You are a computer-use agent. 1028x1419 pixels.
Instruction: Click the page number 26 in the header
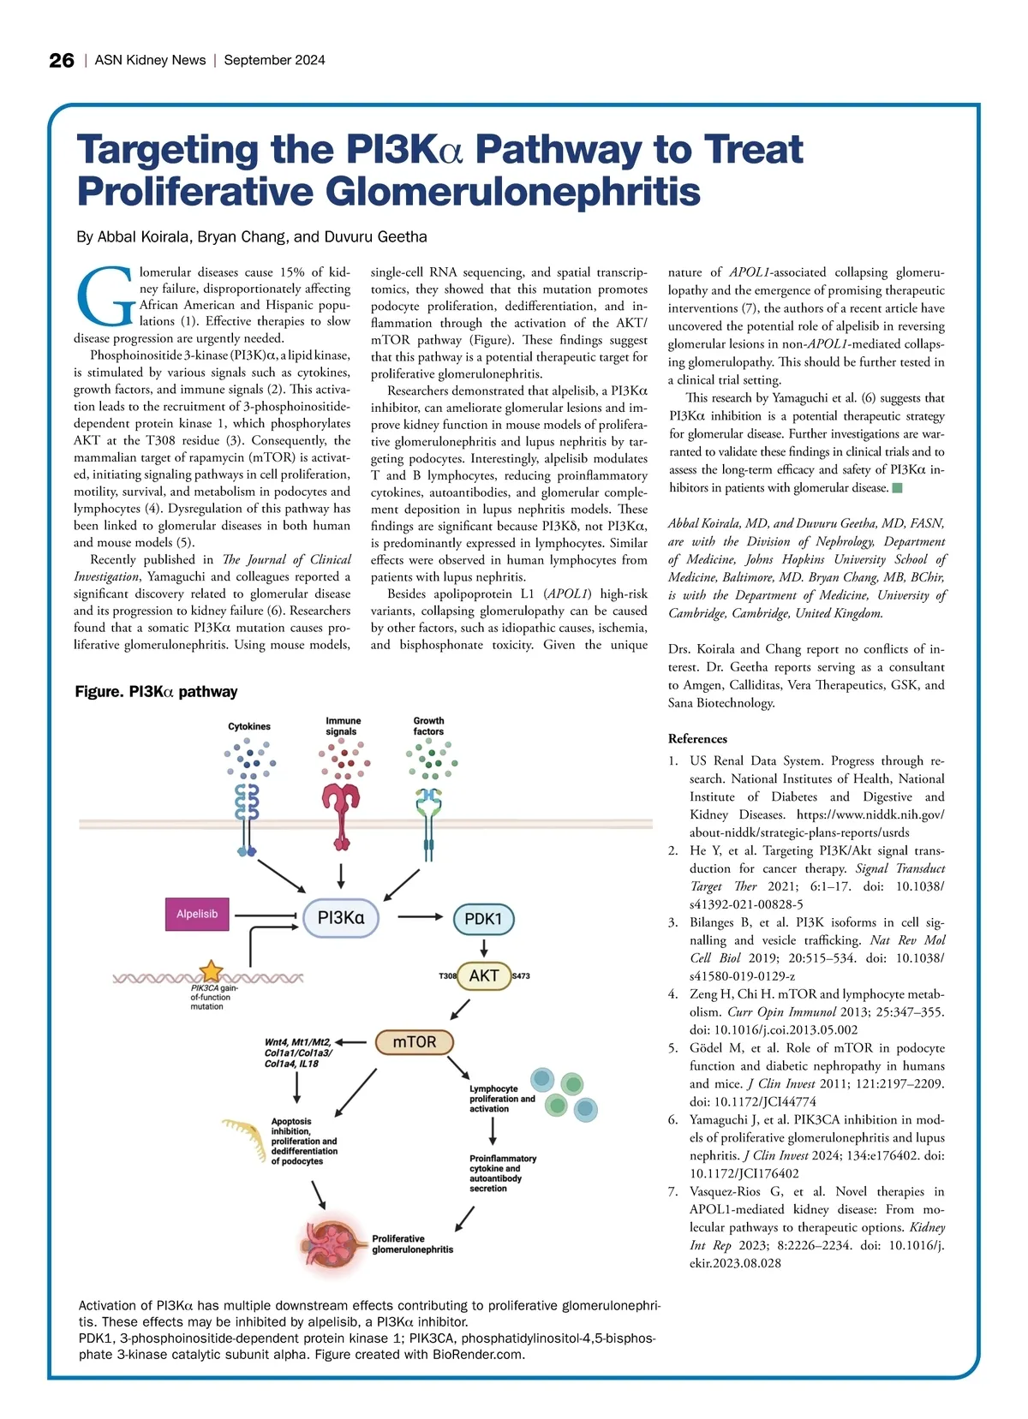coord(62,60)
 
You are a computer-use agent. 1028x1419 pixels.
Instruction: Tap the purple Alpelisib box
coord(197,914)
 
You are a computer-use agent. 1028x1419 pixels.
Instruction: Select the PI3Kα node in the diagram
coord(341,918)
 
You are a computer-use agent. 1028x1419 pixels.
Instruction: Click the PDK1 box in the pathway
coord(483,919)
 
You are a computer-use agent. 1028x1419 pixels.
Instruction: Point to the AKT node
coord(483,975)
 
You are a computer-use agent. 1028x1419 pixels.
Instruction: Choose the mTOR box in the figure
coord(415,1042)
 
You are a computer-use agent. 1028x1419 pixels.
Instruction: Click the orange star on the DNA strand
coord(211,971)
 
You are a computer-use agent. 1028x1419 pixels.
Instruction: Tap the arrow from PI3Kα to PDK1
coord(420,917)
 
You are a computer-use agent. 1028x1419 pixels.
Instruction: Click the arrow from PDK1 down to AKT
coord(484,947)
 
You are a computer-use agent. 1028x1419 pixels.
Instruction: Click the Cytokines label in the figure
coord(249,726)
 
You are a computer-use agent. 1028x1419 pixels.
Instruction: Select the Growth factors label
coord(428,726)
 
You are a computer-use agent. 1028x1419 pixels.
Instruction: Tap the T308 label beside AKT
coord(447,976)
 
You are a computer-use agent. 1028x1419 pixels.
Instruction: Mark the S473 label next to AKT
coord(521,976)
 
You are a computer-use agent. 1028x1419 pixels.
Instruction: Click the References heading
coord(697,739)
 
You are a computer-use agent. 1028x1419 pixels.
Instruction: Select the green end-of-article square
coord(898,488)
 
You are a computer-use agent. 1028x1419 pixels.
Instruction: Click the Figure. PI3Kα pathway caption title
coord(156,692)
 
